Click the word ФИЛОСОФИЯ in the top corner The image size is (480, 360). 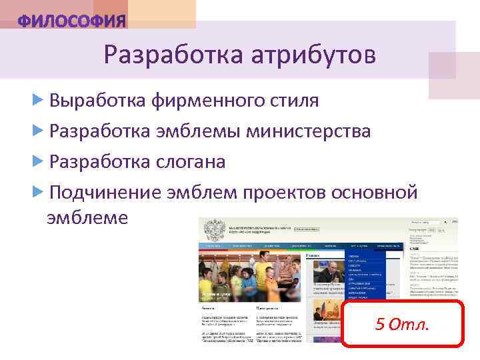tap(71, 21)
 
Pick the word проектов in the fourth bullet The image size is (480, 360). tap(287, 193)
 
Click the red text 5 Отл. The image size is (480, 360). tap(403, 325)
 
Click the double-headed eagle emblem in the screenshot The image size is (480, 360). tap(215, 231)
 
